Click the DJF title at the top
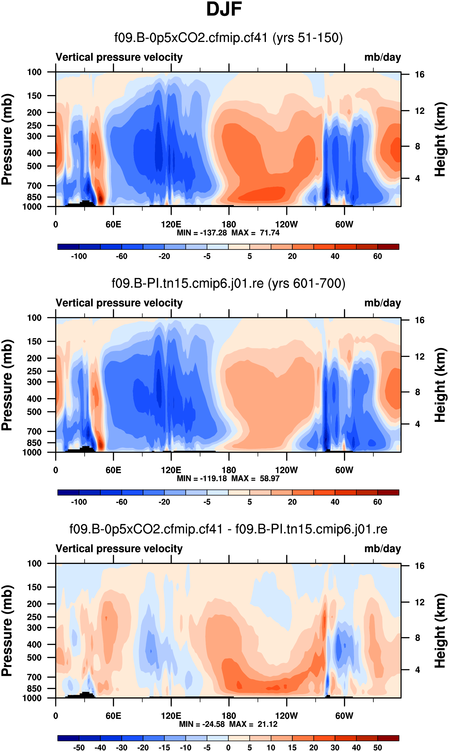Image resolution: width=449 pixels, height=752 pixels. pyautogui.click(x=224, y=9)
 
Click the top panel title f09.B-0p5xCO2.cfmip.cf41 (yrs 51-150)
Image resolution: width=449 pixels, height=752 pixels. pyautogui.click(x=229, y=38)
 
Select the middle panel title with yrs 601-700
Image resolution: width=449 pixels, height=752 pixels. pyautogui.click(x=229, y=283)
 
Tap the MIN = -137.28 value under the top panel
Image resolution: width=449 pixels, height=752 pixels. pyautogui.click(x=202, y=233)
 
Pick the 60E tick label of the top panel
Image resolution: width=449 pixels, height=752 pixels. pyautogui.click(x=113, y=224)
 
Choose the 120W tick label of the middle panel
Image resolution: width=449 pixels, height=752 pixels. pyautogui.click(x=287, y=470)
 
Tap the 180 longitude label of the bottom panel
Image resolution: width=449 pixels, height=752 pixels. pyautogui.click(x=229, y=716)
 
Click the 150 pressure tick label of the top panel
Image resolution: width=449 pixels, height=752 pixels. pyautogui.click(x=34, y=96)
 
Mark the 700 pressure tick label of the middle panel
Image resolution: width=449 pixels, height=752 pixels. pyautogui.click(x=34, y=431)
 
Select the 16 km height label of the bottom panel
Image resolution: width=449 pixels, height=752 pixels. pyautogui.click(x=420, y=566)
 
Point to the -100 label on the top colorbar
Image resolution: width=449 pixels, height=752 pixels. pyautogui.click(x=79, y=256)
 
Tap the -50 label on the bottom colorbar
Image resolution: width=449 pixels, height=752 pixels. pyautogui.click(x=79, y=747)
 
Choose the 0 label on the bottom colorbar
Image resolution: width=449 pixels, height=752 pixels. pyautogui.click(x=229, y=747)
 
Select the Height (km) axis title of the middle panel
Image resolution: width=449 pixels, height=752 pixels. pyautogui.click(x=440, y=385)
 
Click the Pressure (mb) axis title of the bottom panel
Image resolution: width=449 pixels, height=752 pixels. pyautogui.click(x=7, y=631)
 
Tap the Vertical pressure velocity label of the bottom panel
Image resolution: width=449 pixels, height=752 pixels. pyautogui.click(x=119, y=549)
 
